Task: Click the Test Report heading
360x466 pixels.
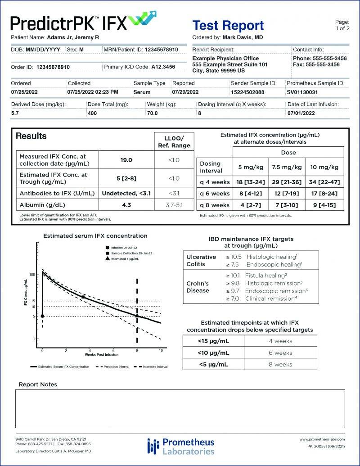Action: coord(228,25)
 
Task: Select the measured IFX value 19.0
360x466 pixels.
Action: coord(126,159)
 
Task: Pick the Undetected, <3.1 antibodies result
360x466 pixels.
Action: coord(126,193)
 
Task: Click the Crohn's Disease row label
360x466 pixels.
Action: coord(198,287)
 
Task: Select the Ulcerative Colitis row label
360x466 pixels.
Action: coord(202,260)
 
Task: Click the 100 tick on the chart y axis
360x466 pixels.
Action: coord(32,274)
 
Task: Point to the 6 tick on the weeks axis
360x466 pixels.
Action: coord(113,350)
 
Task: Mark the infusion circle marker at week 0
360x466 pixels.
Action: coord(42,316)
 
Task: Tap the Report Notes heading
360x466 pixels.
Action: coord(38,384)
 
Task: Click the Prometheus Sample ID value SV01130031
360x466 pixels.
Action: coord(302,92)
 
